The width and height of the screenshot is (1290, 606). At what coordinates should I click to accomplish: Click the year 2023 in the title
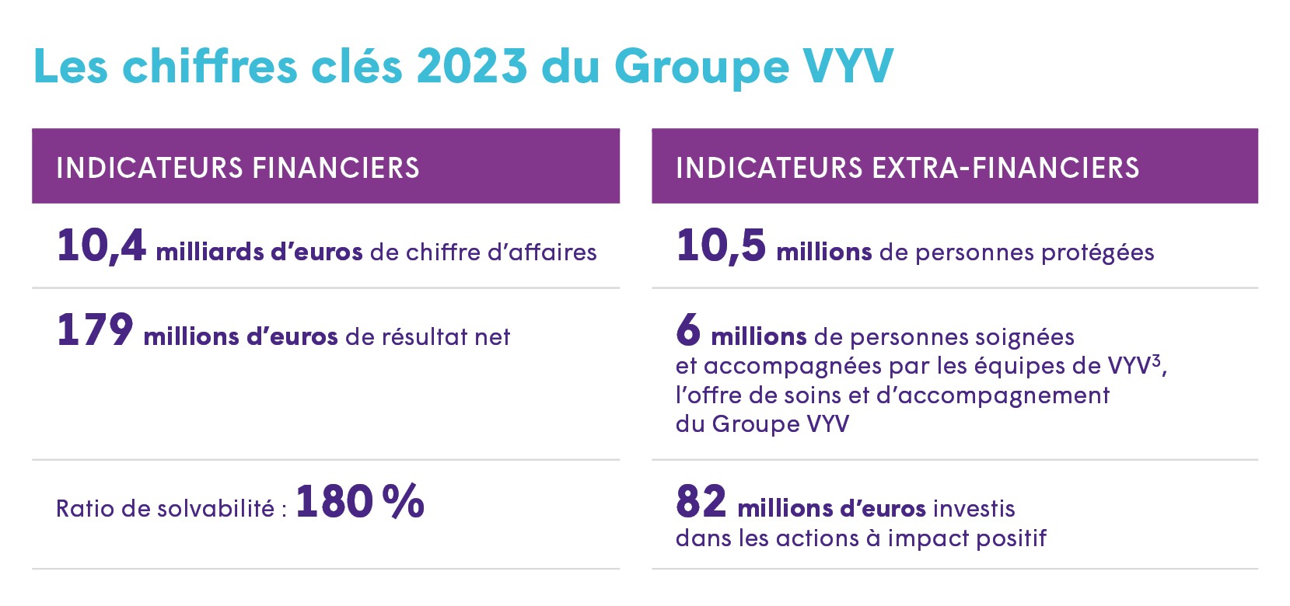(472, 66)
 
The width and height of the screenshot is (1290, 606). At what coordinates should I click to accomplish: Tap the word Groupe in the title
(701, 68)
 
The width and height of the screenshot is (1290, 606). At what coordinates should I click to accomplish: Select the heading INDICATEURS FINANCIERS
(238, 168)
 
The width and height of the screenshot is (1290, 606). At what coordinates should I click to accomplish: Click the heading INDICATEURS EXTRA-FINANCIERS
(907, 168)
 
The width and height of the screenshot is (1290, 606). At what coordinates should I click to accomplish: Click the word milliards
(209, 252)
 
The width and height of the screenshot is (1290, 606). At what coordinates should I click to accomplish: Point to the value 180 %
(359, 501)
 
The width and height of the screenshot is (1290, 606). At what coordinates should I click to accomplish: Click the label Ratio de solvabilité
(165, 508)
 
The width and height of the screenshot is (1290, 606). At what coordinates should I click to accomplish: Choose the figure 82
(701, 501)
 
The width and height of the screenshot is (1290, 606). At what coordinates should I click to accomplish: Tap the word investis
(974, 508)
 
